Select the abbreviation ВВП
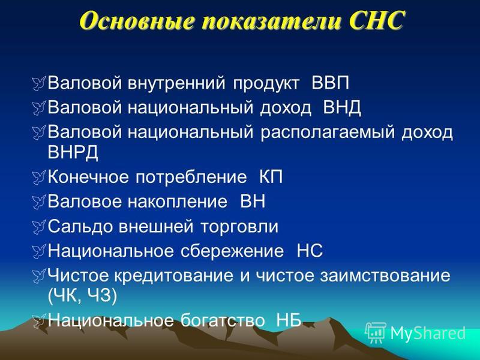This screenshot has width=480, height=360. tap(331, 83)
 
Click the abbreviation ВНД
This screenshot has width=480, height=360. tap(342, 108)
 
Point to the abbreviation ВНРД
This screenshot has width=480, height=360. tap(73, 152)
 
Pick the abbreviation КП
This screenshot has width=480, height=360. tap(271, 177)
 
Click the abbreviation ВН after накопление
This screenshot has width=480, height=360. tap(253, 202)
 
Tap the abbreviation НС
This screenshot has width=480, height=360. tap(310, 251)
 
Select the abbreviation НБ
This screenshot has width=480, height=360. tap(289, 320)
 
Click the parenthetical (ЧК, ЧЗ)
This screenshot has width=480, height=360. tap(82, 296)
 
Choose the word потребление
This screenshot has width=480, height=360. tap(191, 178)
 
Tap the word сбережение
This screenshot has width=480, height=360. tap(232, 251)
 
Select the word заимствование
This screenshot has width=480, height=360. tap(385, 276)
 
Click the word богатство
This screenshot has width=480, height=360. tap(222, 320)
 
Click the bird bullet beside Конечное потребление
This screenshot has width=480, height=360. tap(39, 178)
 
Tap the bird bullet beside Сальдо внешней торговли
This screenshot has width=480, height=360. tap(39, 227)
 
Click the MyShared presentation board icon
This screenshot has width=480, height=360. tap(376, 332)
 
